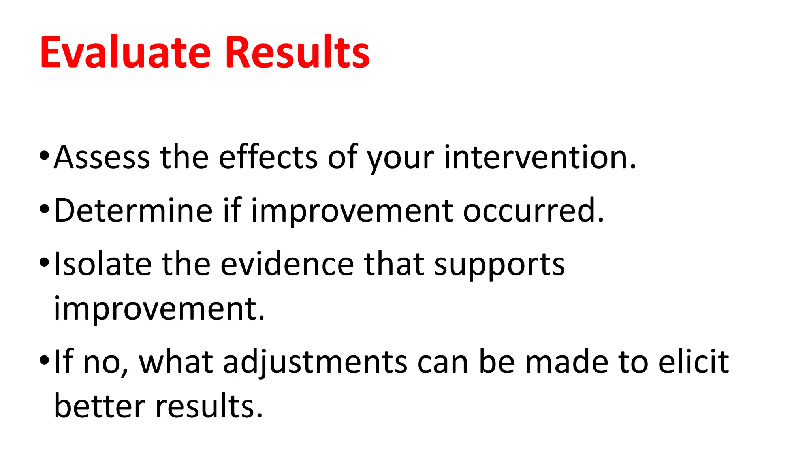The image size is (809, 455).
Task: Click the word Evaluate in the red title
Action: point(125,53)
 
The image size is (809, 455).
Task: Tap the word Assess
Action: point(102,158)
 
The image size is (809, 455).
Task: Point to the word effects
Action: point(268,158)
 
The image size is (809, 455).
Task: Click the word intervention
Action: point(540,158)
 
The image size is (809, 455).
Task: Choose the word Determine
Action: point(133,211)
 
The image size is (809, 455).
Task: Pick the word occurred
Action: point(533,211)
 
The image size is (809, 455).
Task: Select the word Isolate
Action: point(103,264)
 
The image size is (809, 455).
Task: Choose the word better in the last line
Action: point(100,406)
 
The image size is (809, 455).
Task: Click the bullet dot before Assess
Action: point(44,155)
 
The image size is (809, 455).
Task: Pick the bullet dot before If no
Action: point(44,359)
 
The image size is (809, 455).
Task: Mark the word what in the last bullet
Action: point(176,362)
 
